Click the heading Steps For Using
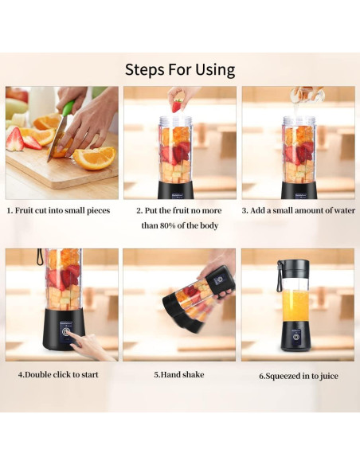180,70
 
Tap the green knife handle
68,109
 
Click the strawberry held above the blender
178,106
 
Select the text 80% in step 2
167,225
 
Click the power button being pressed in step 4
66,331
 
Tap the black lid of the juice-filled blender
295,268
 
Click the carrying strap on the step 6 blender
280,275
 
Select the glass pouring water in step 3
307,94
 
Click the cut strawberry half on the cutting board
15,139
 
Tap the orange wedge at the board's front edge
94,158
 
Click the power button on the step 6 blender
295,337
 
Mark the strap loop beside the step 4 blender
40,256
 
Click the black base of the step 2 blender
176,190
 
